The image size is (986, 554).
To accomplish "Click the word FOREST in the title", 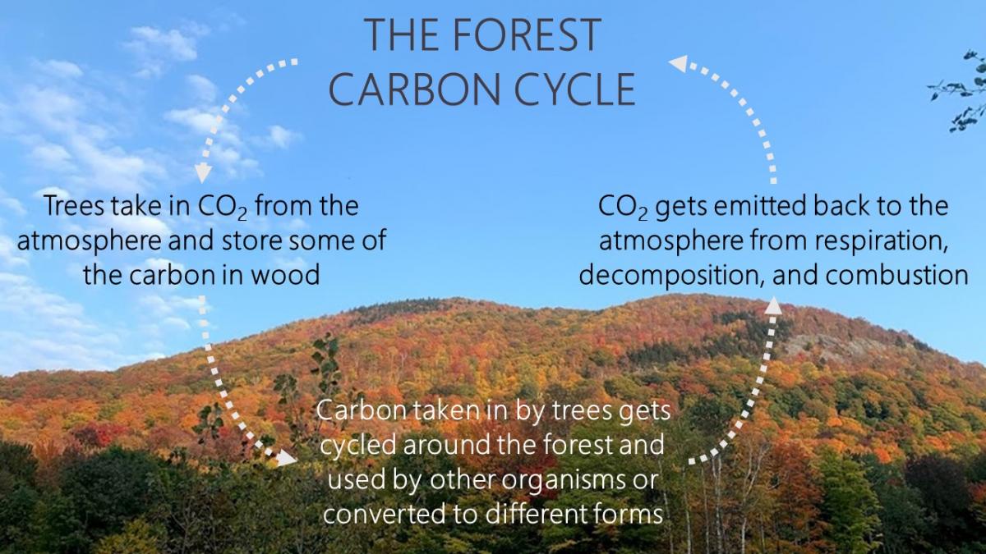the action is coord(527,34).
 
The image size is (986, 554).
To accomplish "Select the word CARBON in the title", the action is coord(414,89).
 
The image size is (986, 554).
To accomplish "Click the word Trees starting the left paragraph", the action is coord(73,206).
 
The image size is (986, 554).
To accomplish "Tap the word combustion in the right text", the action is coord(896,275).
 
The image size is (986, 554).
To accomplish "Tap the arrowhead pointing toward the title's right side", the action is coord(678,64).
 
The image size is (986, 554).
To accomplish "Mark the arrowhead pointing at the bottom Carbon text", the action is coord(286,458).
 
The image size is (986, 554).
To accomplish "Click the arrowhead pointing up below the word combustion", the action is coord(773,305).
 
